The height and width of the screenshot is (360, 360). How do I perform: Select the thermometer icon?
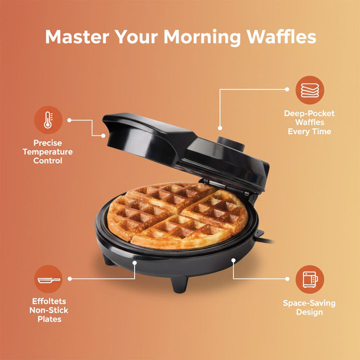(48, 120)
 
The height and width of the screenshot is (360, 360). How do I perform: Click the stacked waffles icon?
(310, 90)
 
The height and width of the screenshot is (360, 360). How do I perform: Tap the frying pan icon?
(48, 279)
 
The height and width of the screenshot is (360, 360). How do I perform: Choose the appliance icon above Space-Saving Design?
(310, 279)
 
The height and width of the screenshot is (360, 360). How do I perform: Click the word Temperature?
(48, 152)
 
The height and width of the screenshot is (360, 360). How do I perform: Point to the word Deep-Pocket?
(309, 114)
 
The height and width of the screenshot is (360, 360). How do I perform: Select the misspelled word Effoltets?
(49, 301)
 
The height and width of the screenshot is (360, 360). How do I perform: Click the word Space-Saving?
(309, 303)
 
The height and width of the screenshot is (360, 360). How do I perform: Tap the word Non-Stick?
(49, 310)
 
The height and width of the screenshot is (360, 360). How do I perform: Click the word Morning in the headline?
(202, 37)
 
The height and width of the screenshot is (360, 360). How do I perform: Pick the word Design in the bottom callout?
(309, 312)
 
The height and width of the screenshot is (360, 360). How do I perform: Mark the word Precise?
(48, 143)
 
